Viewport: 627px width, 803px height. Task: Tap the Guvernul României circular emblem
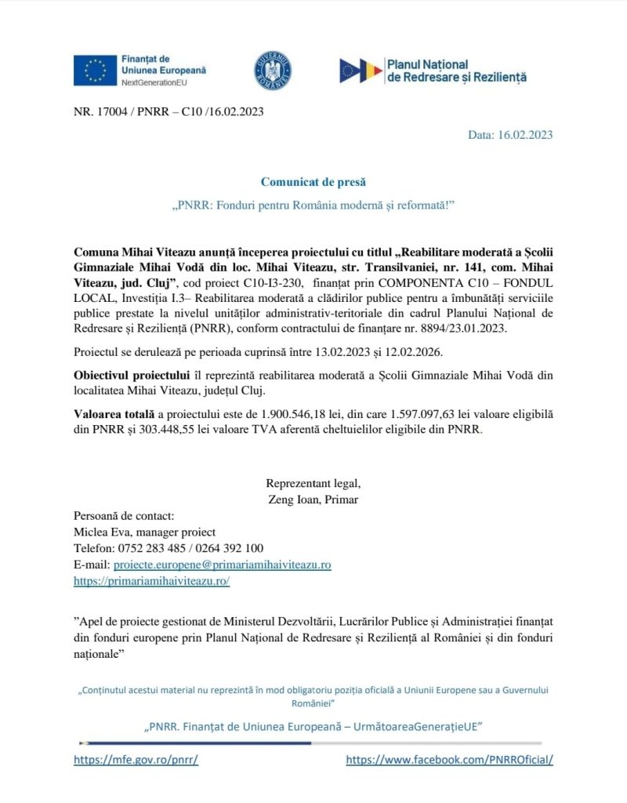click(272, 70)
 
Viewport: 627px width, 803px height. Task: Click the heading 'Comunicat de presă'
click(313, 182)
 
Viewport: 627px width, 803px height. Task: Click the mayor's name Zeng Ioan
click(295, 500)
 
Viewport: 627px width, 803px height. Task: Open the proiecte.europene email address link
click(222, 565)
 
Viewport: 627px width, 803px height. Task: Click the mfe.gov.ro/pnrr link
click(136, 760)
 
